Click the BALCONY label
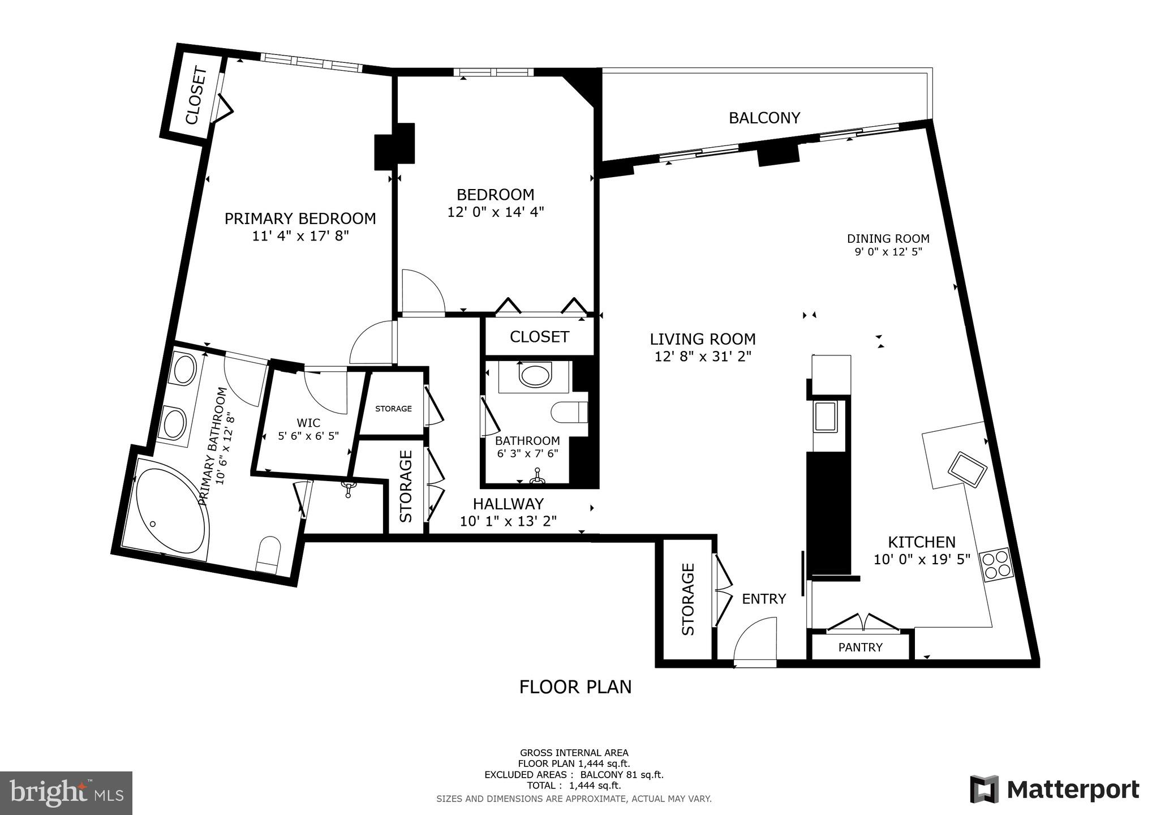(x=764, y=118)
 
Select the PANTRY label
(x=860, y=647)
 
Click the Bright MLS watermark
(x=66, y=793)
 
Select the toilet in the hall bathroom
(x=569, y=412)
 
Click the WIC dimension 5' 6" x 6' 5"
(x=308, y=436)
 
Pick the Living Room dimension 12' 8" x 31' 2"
(x=702, y=357)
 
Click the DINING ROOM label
(x=888, y=239)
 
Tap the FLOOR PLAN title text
(x=575, y=687)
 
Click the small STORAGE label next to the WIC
(x=393, y=409)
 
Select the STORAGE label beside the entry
(x=687, y=599)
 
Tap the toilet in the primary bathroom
(x=268, y=554)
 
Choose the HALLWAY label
(x=508, y=504)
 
